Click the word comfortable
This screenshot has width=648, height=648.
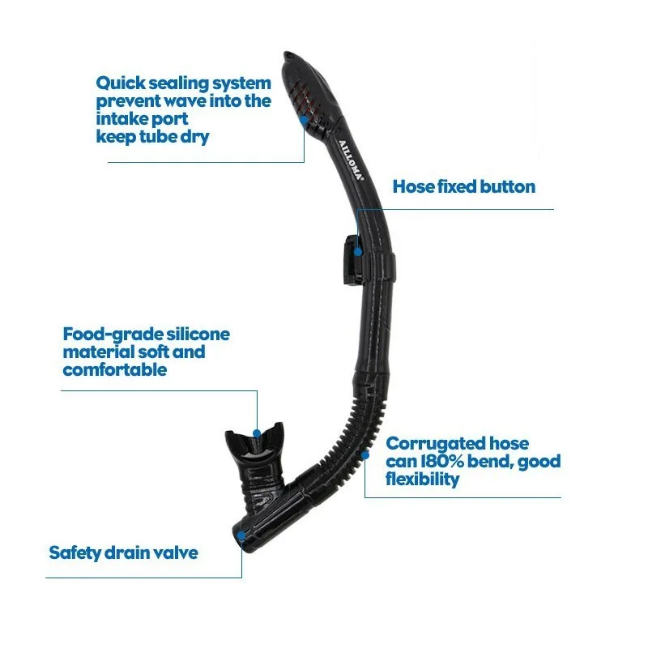115,370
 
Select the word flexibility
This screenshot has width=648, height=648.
423,480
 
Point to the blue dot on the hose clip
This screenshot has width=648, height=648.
357,251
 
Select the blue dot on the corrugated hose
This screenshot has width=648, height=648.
365,455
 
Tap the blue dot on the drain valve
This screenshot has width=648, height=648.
241,535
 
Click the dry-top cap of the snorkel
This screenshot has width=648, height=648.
304,89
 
